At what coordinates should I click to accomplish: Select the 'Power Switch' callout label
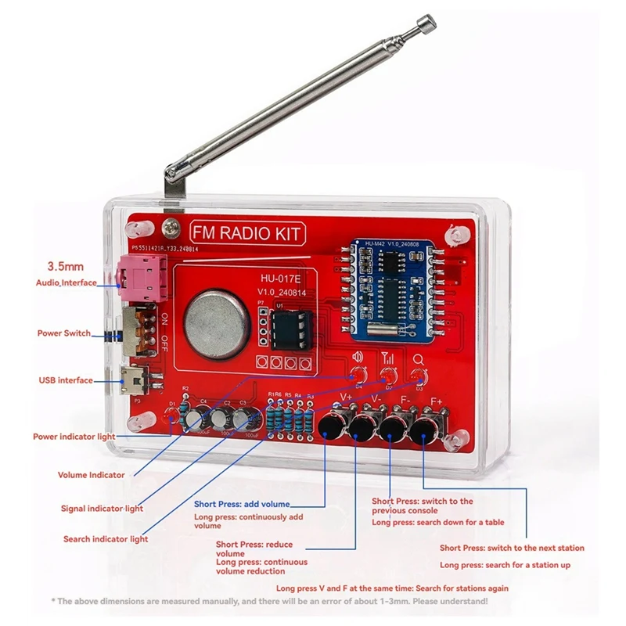coord(63,333)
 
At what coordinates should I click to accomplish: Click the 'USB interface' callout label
coord(66,380)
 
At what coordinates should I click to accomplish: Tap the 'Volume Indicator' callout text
coord(91,475)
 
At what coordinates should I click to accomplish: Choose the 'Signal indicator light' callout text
coord(102,509)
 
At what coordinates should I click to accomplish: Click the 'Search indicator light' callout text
coord(106,539)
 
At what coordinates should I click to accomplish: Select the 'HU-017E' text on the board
coord(282,278)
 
